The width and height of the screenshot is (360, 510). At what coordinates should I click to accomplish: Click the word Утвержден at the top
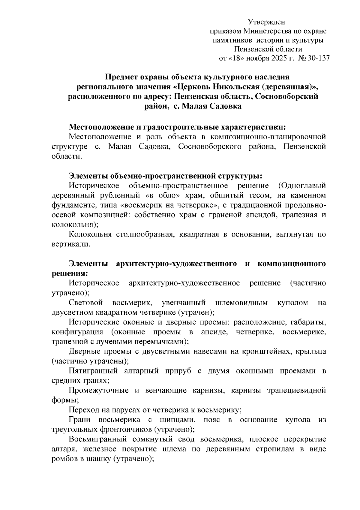click(266, 22)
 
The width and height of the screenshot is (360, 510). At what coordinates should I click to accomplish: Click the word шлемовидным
click(241, 303)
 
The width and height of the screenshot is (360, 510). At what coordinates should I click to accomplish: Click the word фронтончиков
click(126, 430)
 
